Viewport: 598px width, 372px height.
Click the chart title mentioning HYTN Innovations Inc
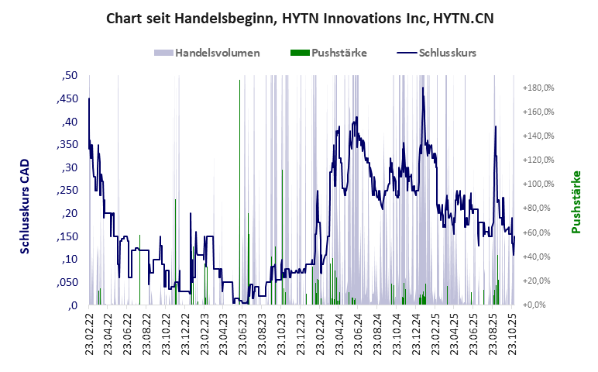[x=299, y=18]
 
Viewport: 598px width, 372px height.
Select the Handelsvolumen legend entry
[x=217, y=53]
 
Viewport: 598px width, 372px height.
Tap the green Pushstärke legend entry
[x=339, y=53]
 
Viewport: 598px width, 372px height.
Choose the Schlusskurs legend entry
[x=447, y=53]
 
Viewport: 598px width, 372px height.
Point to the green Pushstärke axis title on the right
[x=576, y=202]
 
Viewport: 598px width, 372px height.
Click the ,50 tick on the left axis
[x=69, y=76]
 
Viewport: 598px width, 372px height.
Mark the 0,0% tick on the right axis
[x=541, y=305]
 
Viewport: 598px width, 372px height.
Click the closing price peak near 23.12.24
[x=423, y=88]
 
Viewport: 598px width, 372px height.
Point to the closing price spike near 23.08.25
[x=495, y=127]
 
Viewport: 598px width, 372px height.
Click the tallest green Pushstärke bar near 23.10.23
[x=282, y=170]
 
